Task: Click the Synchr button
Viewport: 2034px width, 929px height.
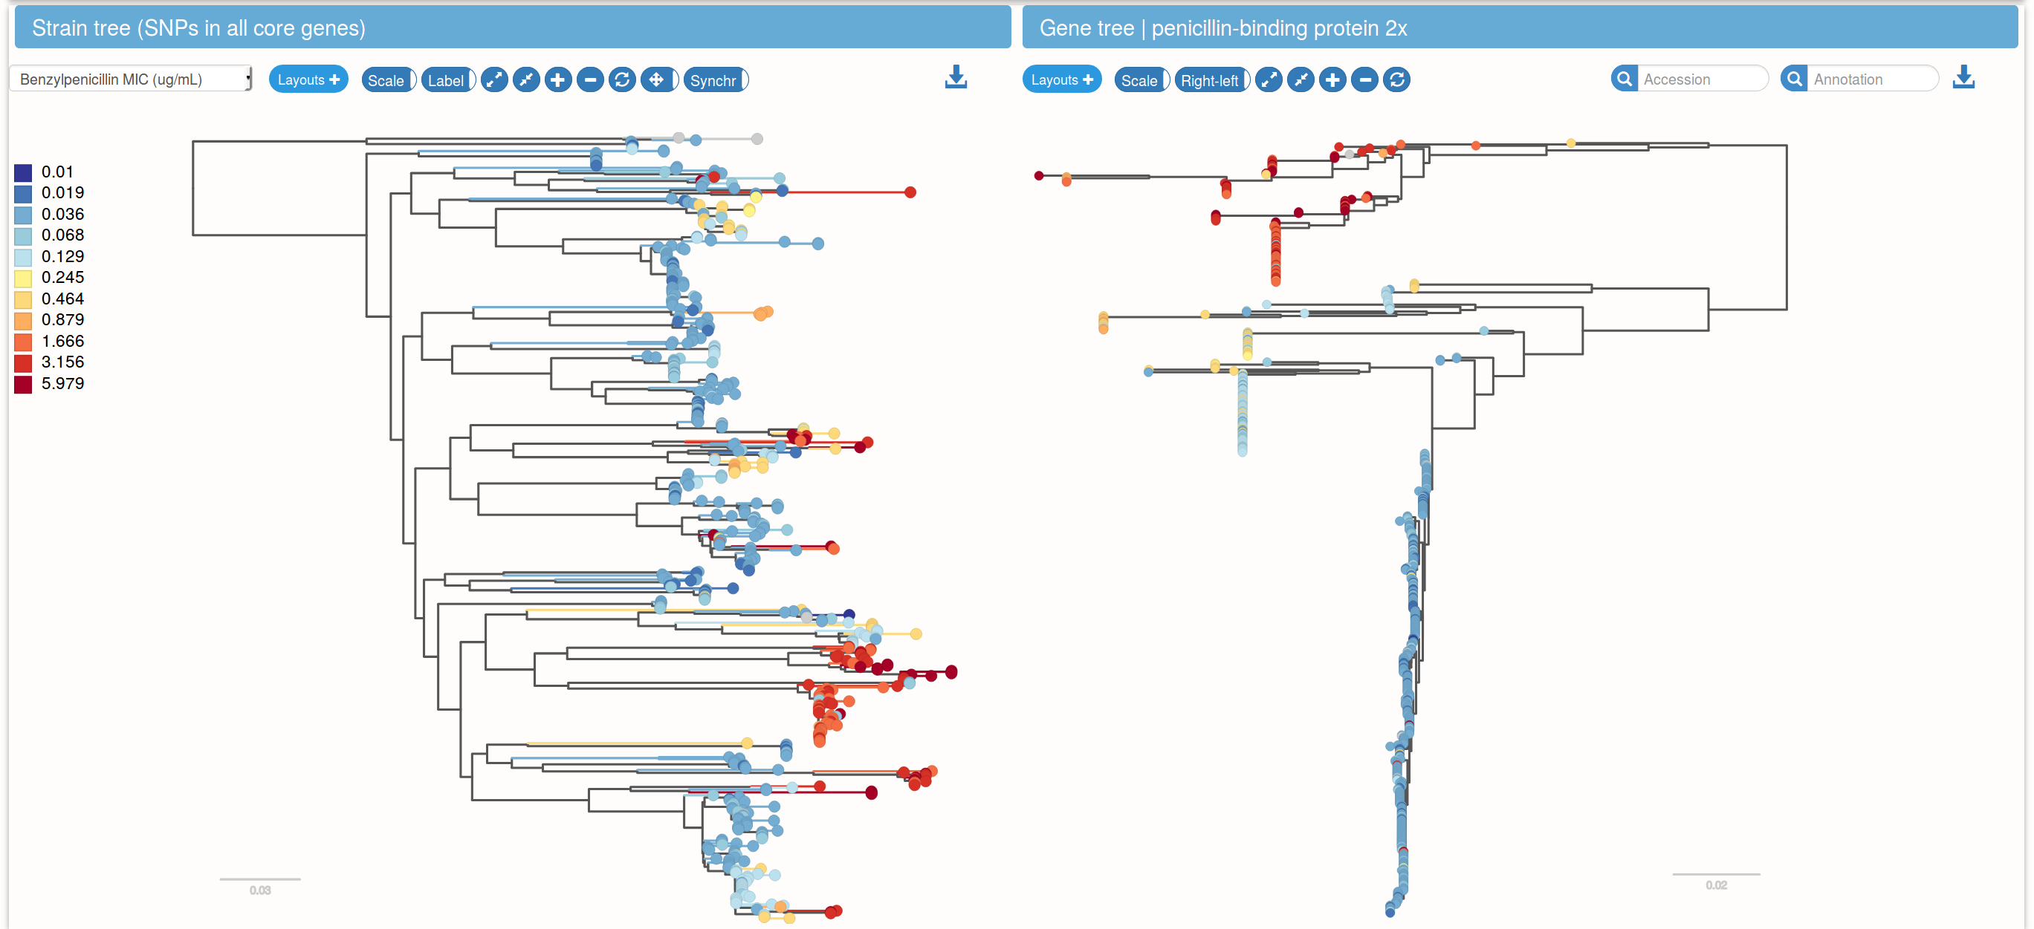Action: [x=715, y=79]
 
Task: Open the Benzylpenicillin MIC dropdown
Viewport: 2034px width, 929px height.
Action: [x=131, y=79]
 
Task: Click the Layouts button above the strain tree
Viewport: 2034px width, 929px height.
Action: [x=308, y=79]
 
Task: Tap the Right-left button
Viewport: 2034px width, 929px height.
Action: [x=1211, y=79]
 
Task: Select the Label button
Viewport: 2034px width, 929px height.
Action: [x=447, y=79]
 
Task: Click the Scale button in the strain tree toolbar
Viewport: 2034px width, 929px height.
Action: [x=388, y=79]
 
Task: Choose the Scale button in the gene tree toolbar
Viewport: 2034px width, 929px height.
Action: [x=1141, y=79]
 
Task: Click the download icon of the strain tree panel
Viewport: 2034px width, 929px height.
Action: [x=956, y=77]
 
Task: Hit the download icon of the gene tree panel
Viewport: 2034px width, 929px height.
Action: [x=1963, y=77]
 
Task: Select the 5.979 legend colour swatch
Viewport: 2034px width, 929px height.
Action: [x=23, y=385]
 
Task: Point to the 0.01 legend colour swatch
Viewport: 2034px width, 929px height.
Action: [x=23, y=173]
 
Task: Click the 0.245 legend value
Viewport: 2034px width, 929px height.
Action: [x=62, y=278]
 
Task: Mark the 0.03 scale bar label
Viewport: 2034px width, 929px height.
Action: [x=260, y=890]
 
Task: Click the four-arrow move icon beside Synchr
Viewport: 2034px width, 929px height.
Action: [x=656, y=79]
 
